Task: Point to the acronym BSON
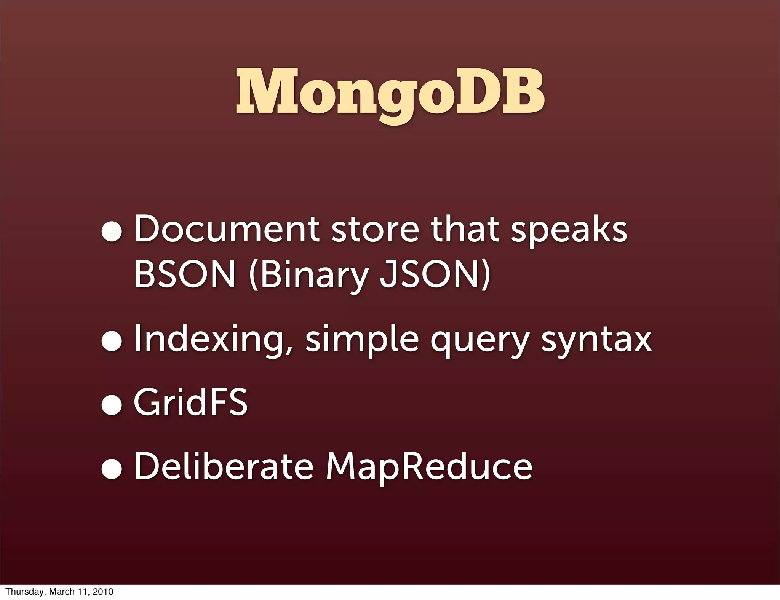click(x=185, y=275)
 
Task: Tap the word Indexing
click(x=214, y=340)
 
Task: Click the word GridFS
click(x=190, y=402)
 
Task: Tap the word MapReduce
click(x=429, y=468)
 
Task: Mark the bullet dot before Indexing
click(x=112, y=341)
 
